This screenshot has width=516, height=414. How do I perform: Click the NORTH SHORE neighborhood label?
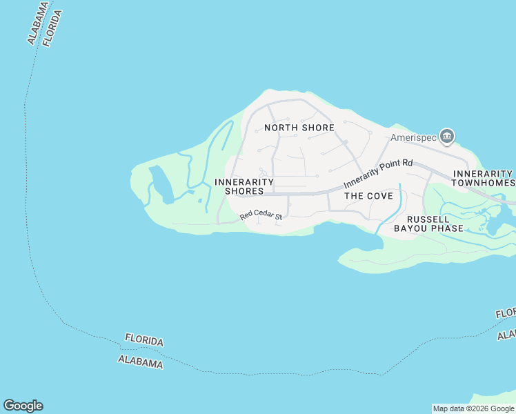(x=299, y=128)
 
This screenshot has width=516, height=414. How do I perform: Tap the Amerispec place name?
(x=414, y=137)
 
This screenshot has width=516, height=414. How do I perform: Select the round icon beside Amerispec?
(x=447, y=137)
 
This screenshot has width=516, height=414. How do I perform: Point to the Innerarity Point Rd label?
(x=378, y=174)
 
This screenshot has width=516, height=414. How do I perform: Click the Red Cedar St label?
(x=261, y=217)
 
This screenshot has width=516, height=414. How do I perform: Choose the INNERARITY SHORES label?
(x=244, y=186)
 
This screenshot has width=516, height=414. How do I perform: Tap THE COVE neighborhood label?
(x=368, y=196)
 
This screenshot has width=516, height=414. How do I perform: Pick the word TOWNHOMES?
(x=483, y=183)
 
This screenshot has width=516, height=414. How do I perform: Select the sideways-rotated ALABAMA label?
(x=39, y=23)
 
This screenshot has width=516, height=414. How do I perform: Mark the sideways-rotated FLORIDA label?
(x=52, y=28)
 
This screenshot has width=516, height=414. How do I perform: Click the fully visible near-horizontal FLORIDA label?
(x=144, y=340)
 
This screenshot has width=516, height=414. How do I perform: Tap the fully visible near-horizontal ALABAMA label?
(x=141, y=362)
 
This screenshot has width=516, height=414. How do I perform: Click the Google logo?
(x=23, y=406)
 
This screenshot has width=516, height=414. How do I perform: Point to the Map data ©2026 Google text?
(x=473, y=408)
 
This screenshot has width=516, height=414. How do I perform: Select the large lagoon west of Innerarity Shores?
(x=160, y=184)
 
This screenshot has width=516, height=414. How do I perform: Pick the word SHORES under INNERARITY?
(x=244, y=191)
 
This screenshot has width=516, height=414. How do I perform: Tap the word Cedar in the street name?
(x=264, y=216)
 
